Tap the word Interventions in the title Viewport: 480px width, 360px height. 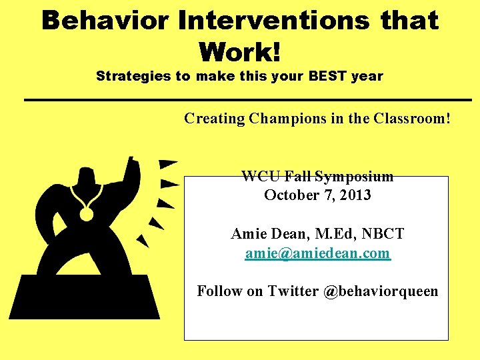coord(273,20)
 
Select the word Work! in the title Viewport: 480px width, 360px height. coord(240,51)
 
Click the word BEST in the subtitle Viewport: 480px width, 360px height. coord(327,75)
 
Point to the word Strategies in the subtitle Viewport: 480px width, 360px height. coord(133,76)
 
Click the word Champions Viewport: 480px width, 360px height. coord(287,119)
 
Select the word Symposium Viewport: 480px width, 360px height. coord(354,177)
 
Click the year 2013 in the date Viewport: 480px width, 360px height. coord(355,195)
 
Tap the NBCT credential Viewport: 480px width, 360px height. coord(383,233)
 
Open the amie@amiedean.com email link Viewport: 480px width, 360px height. coord(318,253)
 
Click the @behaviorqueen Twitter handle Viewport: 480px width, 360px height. coord(381,291)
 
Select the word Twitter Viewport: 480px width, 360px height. coord(293,291)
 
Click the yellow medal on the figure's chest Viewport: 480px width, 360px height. coord(86,214)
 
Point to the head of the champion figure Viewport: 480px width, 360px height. coord(85,176)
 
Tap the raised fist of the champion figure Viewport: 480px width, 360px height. coord(132,165)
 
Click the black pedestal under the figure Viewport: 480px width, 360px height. coord(84,297)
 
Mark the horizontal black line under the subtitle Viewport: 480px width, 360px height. coord(248,100)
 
